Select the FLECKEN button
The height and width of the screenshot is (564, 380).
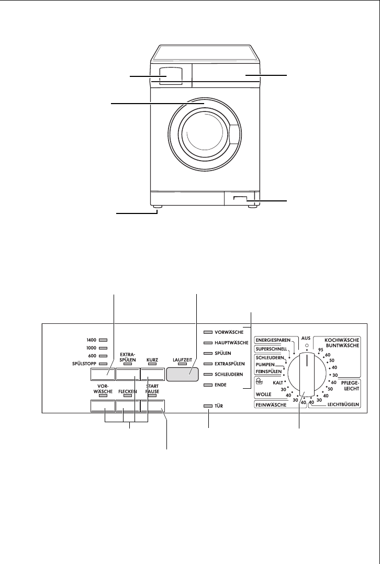coord(128,407)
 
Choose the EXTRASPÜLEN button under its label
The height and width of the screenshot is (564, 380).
coord(128,374)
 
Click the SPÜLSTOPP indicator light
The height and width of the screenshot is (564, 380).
coord(103,363)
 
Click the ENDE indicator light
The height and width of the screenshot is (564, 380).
coord(208,385)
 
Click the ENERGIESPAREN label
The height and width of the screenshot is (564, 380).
coord(273,340)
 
